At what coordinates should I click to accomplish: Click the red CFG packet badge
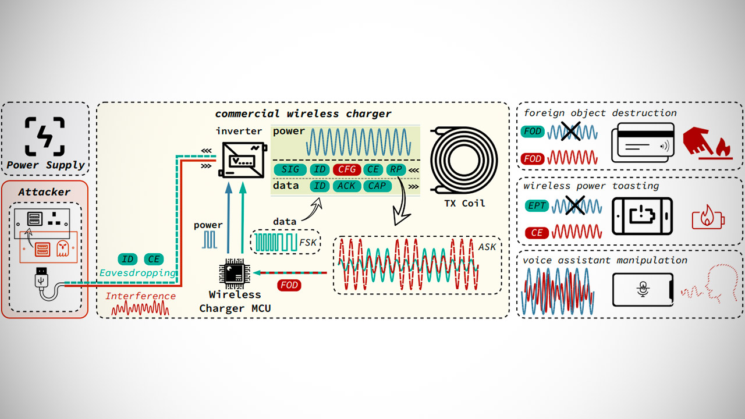coord(347,169)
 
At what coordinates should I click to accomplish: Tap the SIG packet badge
coord(290,169)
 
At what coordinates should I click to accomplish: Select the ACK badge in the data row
coord(347,186)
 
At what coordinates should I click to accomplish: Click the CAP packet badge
coord(377,186)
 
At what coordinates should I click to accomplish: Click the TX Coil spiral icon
coord(464,158)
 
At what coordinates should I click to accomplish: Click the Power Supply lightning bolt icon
coord(45,137)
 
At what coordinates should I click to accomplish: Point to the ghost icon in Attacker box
coord(62,249)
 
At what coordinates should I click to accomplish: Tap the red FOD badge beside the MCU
coord(289,285)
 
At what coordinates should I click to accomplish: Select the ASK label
coord(487,247)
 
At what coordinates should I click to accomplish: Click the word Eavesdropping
coord(137,272)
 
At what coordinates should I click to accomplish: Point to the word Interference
coord(140,296)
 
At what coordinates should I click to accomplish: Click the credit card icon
coord(643,143)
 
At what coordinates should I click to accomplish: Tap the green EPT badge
coord(536,205)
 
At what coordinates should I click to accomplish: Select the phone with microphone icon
coord(643,289)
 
